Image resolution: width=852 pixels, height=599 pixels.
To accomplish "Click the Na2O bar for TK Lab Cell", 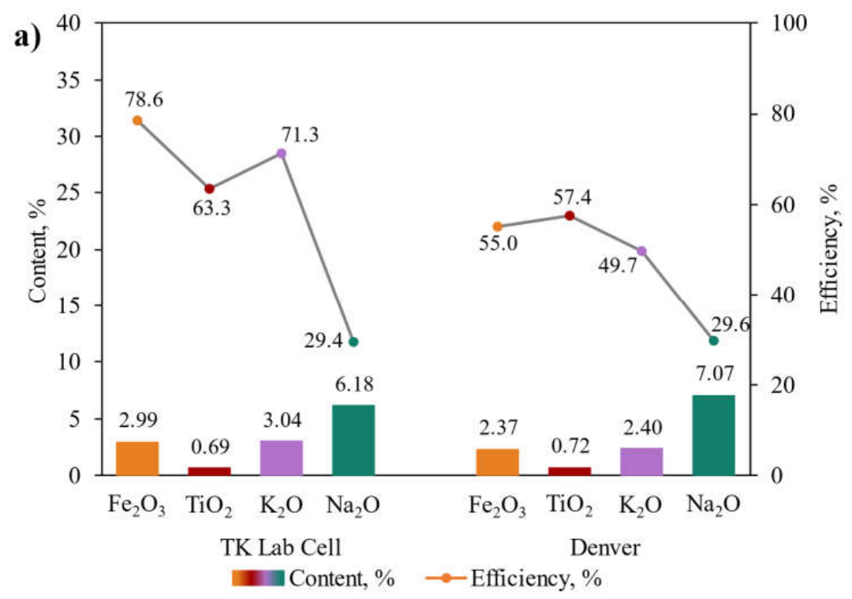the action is click(x=353, y=440).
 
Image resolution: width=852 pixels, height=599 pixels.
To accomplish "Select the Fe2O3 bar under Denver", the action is click(x=497, y=462).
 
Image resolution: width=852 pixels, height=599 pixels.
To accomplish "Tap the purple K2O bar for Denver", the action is click(x=641, y=462).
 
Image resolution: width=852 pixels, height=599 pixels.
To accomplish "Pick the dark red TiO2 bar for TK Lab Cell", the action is click(x=209, y=471).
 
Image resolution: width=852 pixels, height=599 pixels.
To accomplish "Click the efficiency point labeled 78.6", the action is click(x=137, y=121).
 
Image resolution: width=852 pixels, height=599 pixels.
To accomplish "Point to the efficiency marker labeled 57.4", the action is click(x=570, y=215).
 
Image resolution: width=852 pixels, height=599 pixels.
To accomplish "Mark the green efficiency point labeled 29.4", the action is click(x=353, y=342).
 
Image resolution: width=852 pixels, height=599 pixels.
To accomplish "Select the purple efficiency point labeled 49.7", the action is click(x=641, y=251).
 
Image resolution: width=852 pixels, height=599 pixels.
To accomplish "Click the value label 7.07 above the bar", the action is click(x=715, y=374).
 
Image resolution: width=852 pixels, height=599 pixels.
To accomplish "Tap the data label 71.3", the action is click(x=300, y=134).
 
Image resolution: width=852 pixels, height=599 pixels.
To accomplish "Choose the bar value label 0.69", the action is click(x=211, y=447).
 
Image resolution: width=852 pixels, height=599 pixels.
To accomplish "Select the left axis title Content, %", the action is click(x=37, y=250).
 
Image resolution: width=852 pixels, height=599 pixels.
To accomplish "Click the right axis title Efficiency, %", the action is click(x=828, y=249).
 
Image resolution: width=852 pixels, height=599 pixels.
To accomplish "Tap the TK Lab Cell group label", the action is click(x=281, y=547).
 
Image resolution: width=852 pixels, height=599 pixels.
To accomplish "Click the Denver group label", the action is click(x=605, y=547).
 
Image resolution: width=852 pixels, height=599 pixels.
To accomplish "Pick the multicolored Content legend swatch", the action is click(x=258, y=578).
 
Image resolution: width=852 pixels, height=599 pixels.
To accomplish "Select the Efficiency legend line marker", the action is click(x=446, y=578).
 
